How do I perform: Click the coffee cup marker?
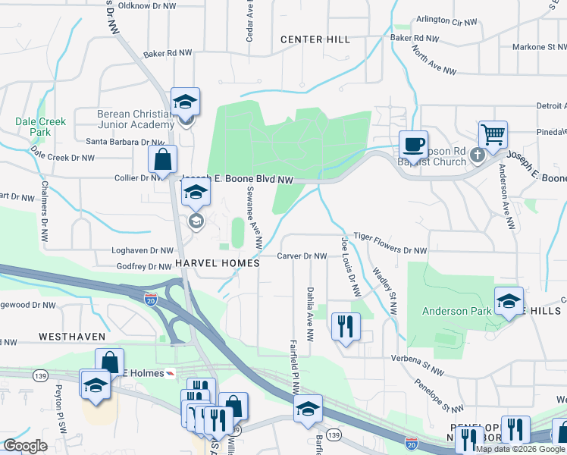[x=413, y=144]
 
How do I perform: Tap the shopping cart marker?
[x=493, y=135]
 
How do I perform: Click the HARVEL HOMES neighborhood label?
[x=218, y=262]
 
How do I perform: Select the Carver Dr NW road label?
[x=301, y=256]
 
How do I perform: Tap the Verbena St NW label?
[x=416, y=358]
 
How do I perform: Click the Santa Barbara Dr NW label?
[x=125, y=141]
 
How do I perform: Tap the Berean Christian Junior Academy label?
[x=136, y=119]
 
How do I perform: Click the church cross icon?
[x=476, y=155]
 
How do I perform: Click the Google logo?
[x=26, y=446]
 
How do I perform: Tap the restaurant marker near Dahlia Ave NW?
[x=346, y=328]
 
